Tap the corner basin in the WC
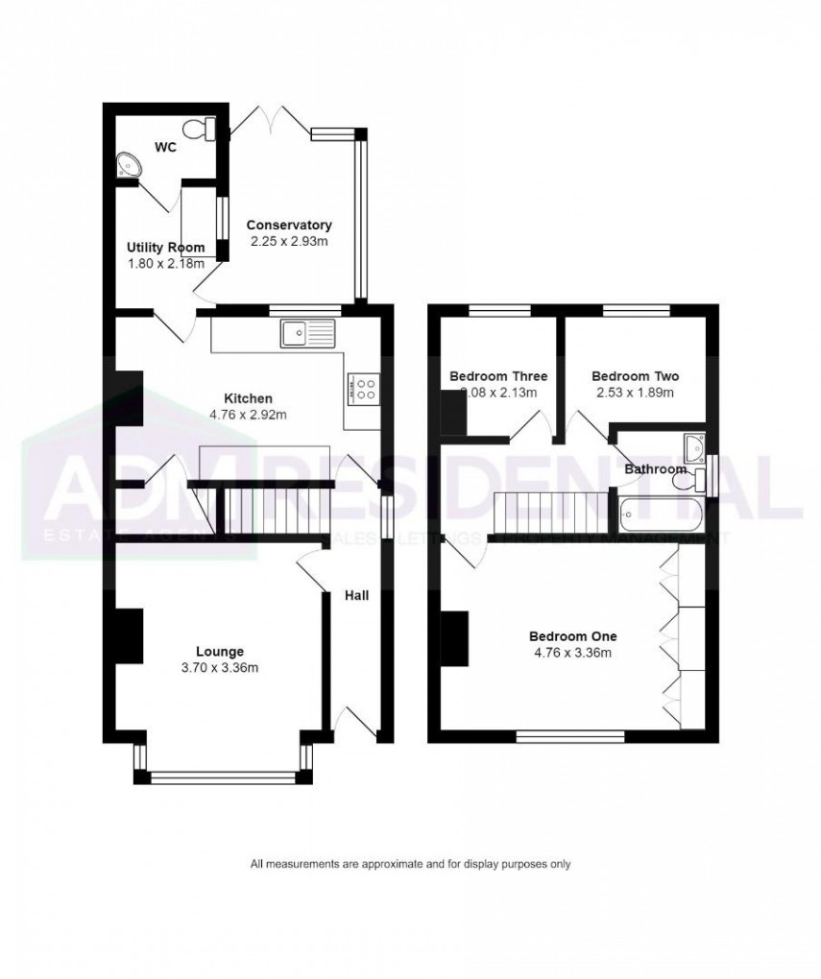point(127,167)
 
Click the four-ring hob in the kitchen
point(365,386)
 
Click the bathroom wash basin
point(695,444)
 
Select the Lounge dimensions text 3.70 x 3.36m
point(219,668)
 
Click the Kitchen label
point(249,398)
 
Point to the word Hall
point(357,596)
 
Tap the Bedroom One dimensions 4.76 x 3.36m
point(572,653)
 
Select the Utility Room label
point(166,248)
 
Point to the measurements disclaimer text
point(410,864)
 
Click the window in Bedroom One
point(570,737)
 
